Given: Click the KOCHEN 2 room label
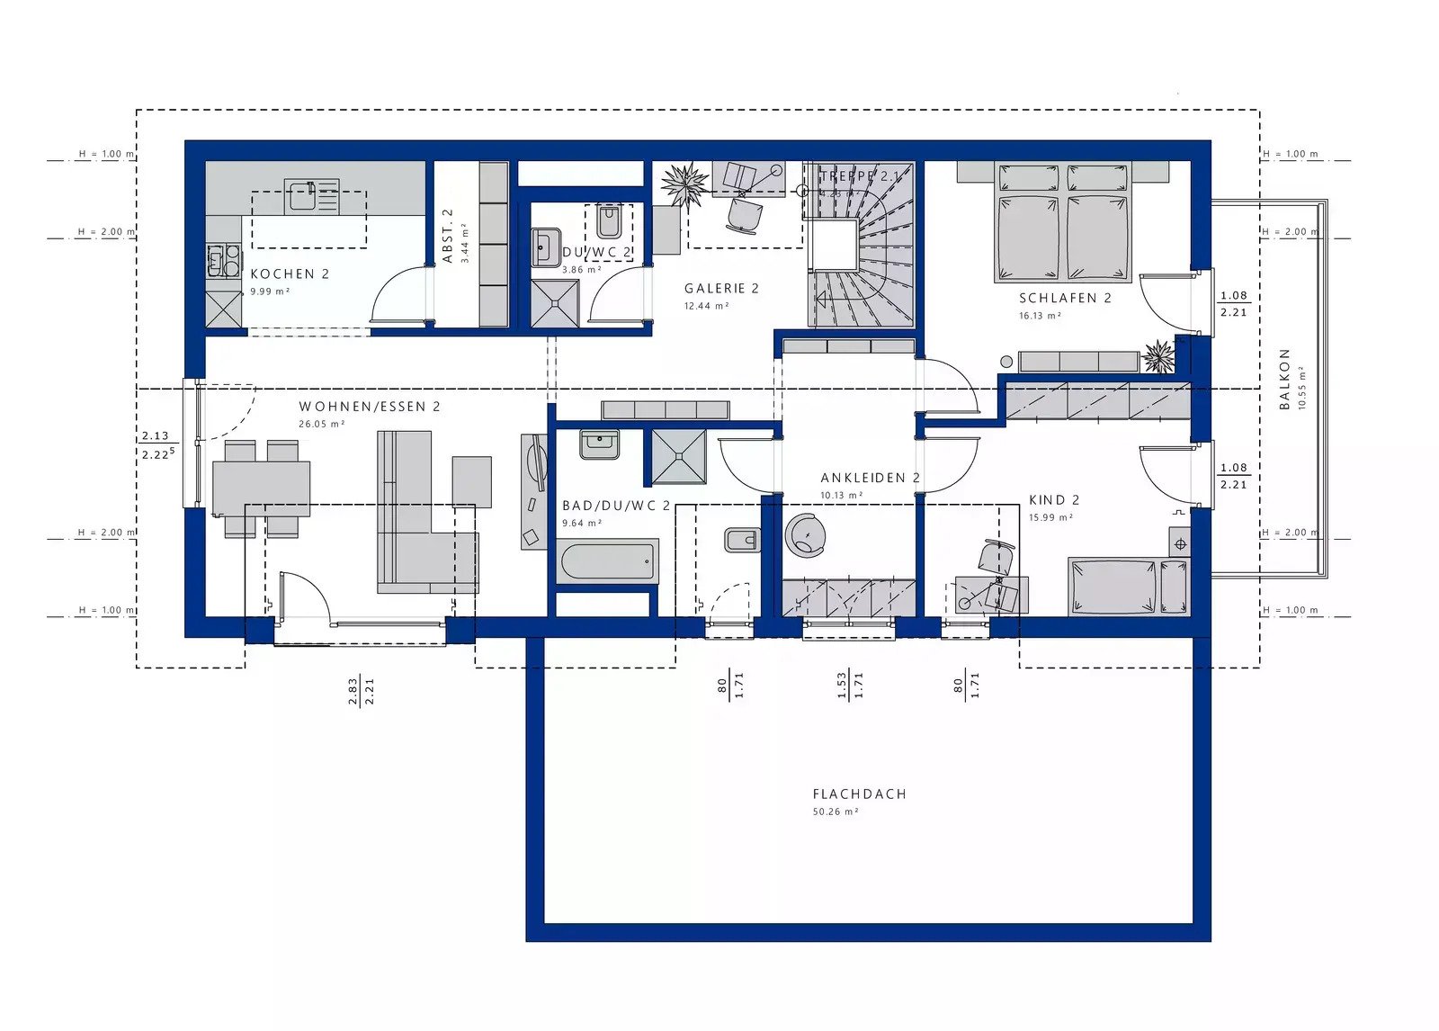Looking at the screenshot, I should coord(290,273).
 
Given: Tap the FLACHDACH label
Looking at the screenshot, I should coord(859,793).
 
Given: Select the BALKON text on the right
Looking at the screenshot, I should coord(1284,379).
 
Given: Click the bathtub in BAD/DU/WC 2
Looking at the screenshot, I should coord(608,560).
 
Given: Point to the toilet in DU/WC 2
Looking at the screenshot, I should coord(609,221).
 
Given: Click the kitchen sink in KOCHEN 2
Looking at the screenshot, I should coord(312,196).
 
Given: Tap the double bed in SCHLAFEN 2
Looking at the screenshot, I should coord(1061,223).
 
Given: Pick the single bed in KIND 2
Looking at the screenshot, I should coord(1127,586).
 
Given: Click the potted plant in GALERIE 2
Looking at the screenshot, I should coord(685,184).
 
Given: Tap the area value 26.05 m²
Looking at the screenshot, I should coord(321,424).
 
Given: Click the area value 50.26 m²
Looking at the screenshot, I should coord(836,811).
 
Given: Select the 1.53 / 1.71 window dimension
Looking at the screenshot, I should coord(850,685).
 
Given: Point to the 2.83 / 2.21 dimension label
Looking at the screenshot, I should coord(361,690).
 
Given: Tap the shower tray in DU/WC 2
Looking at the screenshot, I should coord(554,303).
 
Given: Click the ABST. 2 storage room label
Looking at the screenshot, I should coord(448,236).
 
